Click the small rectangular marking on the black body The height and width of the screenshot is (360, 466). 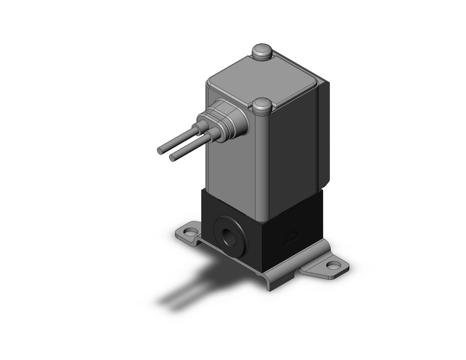tap(292, 237)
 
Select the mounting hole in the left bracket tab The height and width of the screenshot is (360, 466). tap(191, 232)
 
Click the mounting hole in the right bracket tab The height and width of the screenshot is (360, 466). tap(334, 266)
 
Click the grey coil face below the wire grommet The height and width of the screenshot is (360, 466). tap(234, 165)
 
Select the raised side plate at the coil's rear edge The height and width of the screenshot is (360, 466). tap(324, 134)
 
